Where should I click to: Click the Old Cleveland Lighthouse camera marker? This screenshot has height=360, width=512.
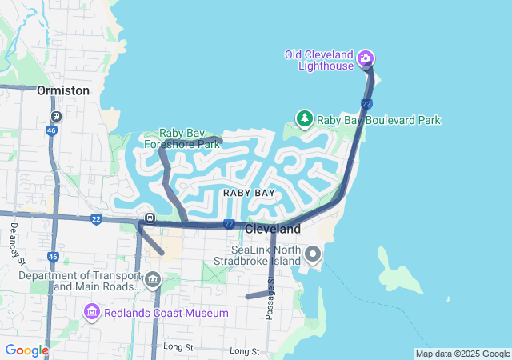pyautogui.click(x=366, y=58)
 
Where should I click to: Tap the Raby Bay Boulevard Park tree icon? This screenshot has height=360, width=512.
pyautogui.click(x=305, y=119)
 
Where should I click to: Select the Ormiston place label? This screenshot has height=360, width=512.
pyautogui.click(x=63, y=90)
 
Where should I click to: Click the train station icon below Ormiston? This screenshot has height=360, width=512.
pyautogui.click(x=55, y=114)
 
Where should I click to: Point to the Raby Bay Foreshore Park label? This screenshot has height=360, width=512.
pyautogui.click(x=182, y=138)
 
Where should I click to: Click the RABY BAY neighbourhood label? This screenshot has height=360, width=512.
pyautogui.click(x=249, y=193)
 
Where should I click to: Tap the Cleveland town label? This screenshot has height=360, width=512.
pyautogui.click(x=273, y=229)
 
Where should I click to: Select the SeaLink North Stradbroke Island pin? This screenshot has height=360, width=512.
pyautogui.click(x=313, y=254)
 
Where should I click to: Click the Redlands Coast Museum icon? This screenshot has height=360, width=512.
pyautogui.click(x=92, y=311)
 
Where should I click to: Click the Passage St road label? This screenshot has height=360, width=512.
pyautogui.click(x=270, y=297)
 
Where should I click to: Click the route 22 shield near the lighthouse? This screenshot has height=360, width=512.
pyautogui.click(x=366, y=104)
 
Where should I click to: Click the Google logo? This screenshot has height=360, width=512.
pyautogui.click(x=26, y=350)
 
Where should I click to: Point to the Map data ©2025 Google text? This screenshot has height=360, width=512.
pyautogui.click(x=462, y=354)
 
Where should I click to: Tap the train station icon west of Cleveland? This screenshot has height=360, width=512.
pyautogui.click(x=149, y=218)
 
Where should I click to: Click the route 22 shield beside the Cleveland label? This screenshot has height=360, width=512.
pyautogui.click(x=229, y=224)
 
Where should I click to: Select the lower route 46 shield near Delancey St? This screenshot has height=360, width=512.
pyautogui.click(x=53, y=257)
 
